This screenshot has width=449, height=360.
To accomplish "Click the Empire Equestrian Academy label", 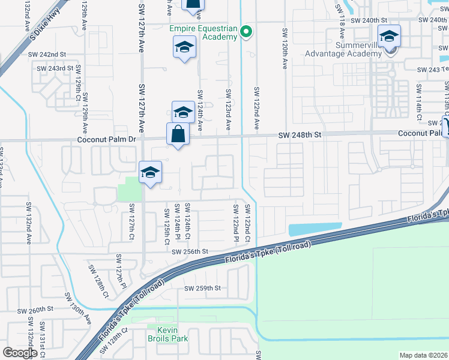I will click(203, 32).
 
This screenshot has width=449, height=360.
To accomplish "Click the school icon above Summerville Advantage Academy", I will click(389, 37).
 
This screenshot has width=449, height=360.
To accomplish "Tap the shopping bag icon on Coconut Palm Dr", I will click(178, 134).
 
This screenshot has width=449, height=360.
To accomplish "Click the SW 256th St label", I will click(189, 252).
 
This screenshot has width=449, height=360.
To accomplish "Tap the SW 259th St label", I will click(203, 289).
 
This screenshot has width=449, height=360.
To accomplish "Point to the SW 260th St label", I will click(35, 311).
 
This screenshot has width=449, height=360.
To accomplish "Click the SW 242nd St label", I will click(47, 54).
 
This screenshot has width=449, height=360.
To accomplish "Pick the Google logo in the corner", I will click(20, 352).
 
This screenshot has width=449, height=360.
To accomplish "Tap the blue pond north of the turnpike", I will click(315, 229).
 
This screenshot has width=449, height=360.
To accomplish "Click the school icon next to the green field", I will click(150, 173).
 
